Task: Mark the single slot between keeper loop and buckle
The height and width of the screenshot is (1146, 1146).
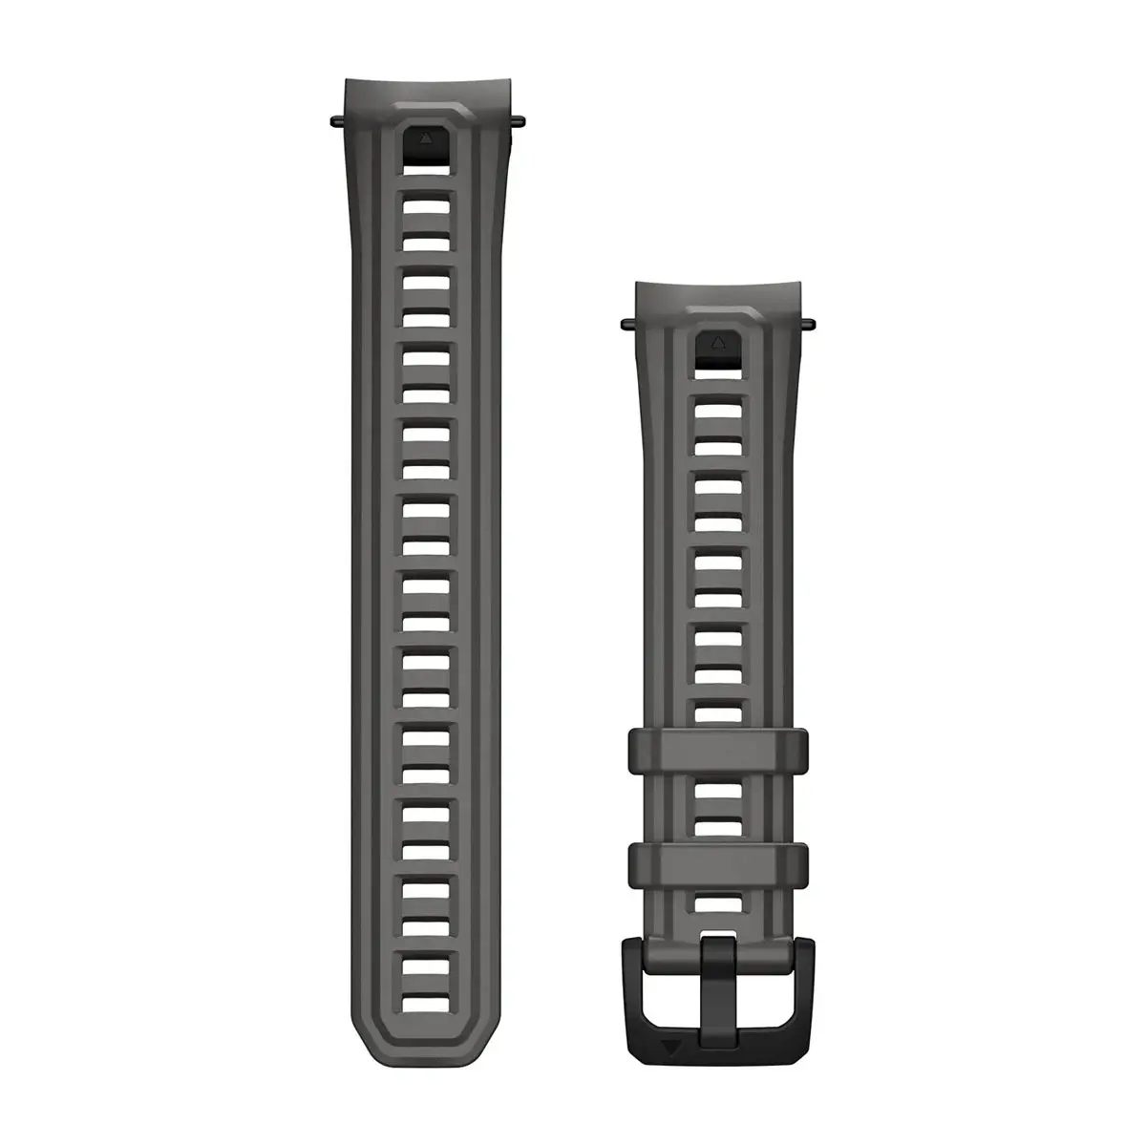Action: [717, 903]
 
